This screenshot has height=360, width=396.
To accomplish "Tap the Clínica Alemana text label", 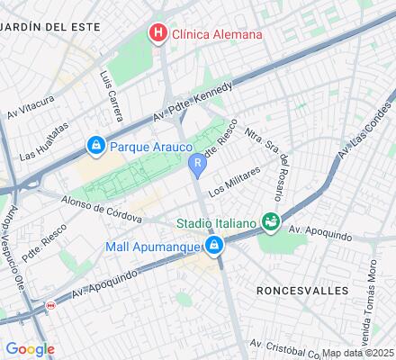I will click(x=218, y=34).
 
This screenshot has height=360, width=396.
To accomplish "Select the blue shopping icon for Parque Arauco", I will click(x=95, y=144).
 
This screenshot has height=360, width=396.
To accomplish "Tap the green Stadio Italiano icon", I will click(x=269, y=220).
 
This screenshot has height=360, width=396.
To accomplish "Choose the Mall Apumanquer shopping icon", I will click(x=213, y=245).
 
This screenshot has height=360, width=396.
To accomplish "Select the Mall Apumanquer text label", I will click(x=153, y=245).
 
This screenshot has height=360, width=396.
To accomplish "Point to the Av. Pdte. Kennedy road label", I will click(x=193, y=101).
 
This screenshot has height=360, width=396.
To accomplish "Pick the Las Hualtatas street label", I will click(x=42, y=142).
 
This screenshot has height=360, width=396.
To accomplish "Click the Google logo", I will click(x=30, y=348).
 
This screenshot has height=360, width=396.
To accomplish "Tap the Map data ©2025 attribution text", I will click(x=358, y=353).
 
